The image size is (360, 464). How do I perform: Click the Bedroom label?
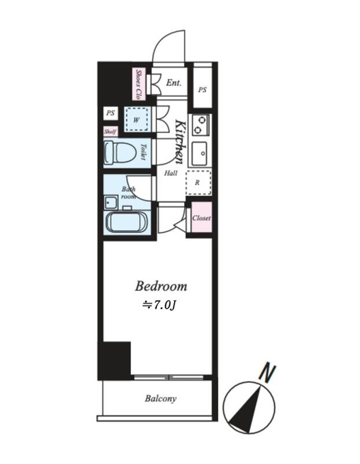point(161,287)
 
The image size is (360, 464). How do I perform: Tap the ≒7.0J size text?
point(159,306)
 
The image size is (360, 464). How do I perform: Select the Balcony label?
point(160,398)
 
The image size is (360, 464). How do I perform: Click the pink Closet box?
point(202,218)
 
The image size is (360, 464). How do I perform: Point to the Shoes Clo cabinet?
point(138,84)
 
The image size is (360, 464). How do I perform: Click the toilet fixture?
point(120,152)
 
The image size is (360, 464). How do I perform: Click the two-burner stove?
point(200,125)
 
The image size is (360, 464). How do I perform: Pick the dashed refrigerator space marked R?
point(198,182)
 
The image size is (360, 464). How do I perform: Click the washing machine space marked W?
point(136,119)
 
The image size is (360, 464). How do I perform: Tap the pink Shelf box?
point(110,132)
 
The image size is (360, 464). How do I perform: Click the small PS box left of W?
point(110,113)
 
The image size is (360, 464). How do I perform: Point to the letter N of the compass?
point(267,373)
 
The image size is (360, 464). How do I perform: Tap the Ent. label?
point(173,83)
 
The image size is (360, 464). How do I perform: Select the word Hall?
point(170,173)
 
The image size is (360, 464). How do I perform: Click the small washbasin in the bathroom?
point(111,203)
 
